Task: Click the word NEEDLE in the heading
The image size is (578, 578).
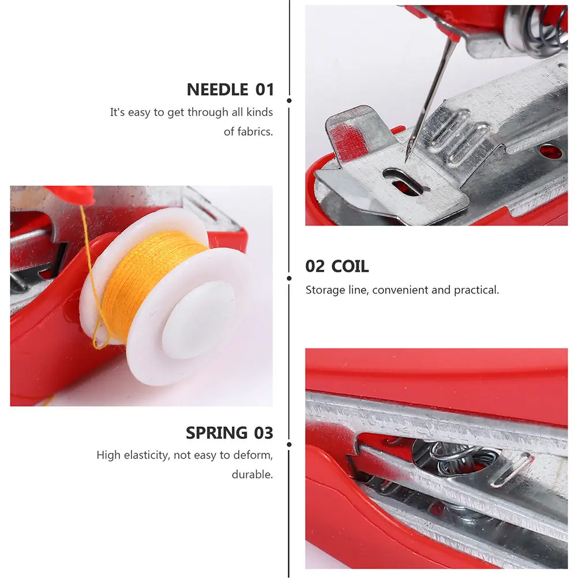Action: [x=217, y=90]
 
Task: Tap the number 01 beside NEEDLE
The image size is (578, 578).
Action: [x=264, y=90]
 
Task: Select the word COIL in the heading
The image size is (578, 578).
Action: [x=350, y=267]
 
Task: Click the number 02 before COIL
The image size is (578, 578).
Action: [x=316, y=267]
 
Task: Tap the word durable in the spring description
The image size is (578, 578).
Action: [x=252, y=475]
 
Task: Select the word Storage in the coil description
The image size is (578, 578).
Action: [x=323, y=290]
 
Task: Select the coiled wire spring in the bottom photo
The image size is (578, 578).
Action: [x=456, y=456]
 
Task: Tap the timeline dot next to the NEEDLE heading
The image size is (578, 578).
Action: [x=289, y=100]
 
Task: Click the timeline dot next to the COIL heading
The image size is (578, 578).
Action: [x=289, y=277]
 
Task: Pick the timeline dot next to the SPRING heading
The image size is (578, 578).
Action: [x=289, y=444]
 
